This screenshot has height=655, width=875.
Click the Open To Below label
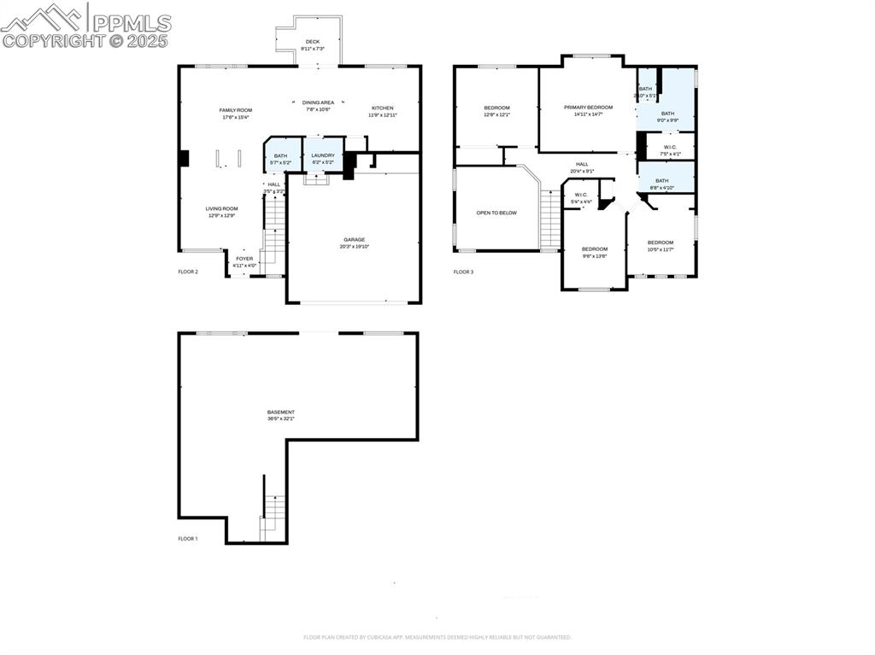496,213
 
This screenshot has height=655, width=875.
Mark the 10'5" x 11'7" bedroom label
661,245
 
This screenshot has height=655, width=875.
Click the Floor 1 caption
187,539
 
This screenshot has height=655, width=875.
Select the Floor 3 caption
462,272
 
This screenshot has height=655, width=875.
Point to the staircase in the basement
272,518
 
